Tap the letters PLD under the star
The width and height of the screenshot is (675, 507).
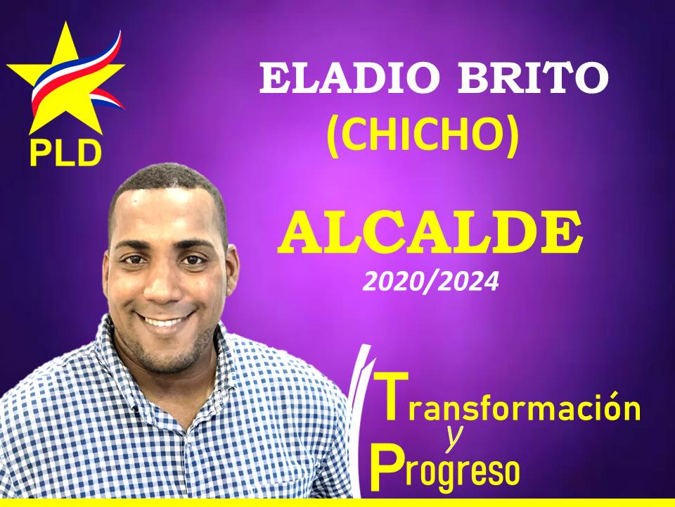click(65, 153)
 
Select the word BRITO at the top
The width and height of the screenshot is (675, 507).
click(533, 77)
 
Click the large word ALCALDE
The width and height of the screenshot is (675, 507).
click(430, 233)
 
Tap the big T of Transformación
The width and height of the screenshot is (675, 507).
click(391, 396)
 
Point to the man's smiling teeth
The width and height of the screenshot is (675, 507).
click(165, 321)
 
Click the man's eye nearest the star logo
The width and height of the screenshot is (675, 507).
click(134, 260)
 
